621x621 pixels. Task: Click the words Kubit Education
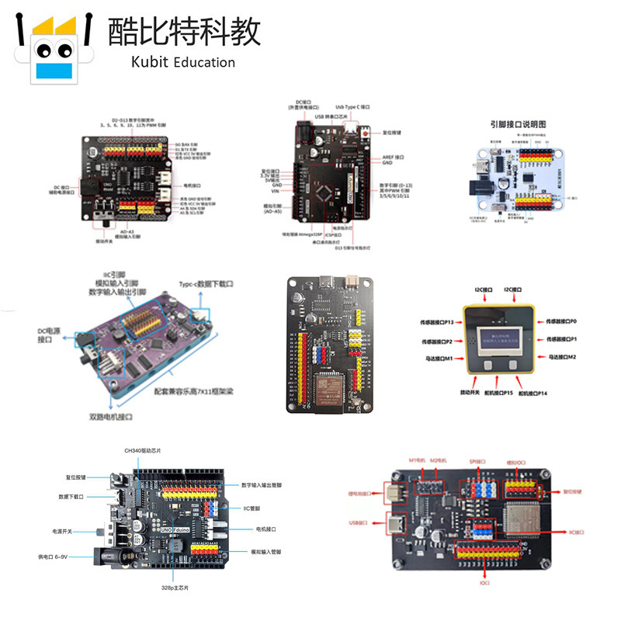pos(172,62)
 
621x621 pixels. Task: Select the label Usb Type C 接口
pos(352,107)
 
